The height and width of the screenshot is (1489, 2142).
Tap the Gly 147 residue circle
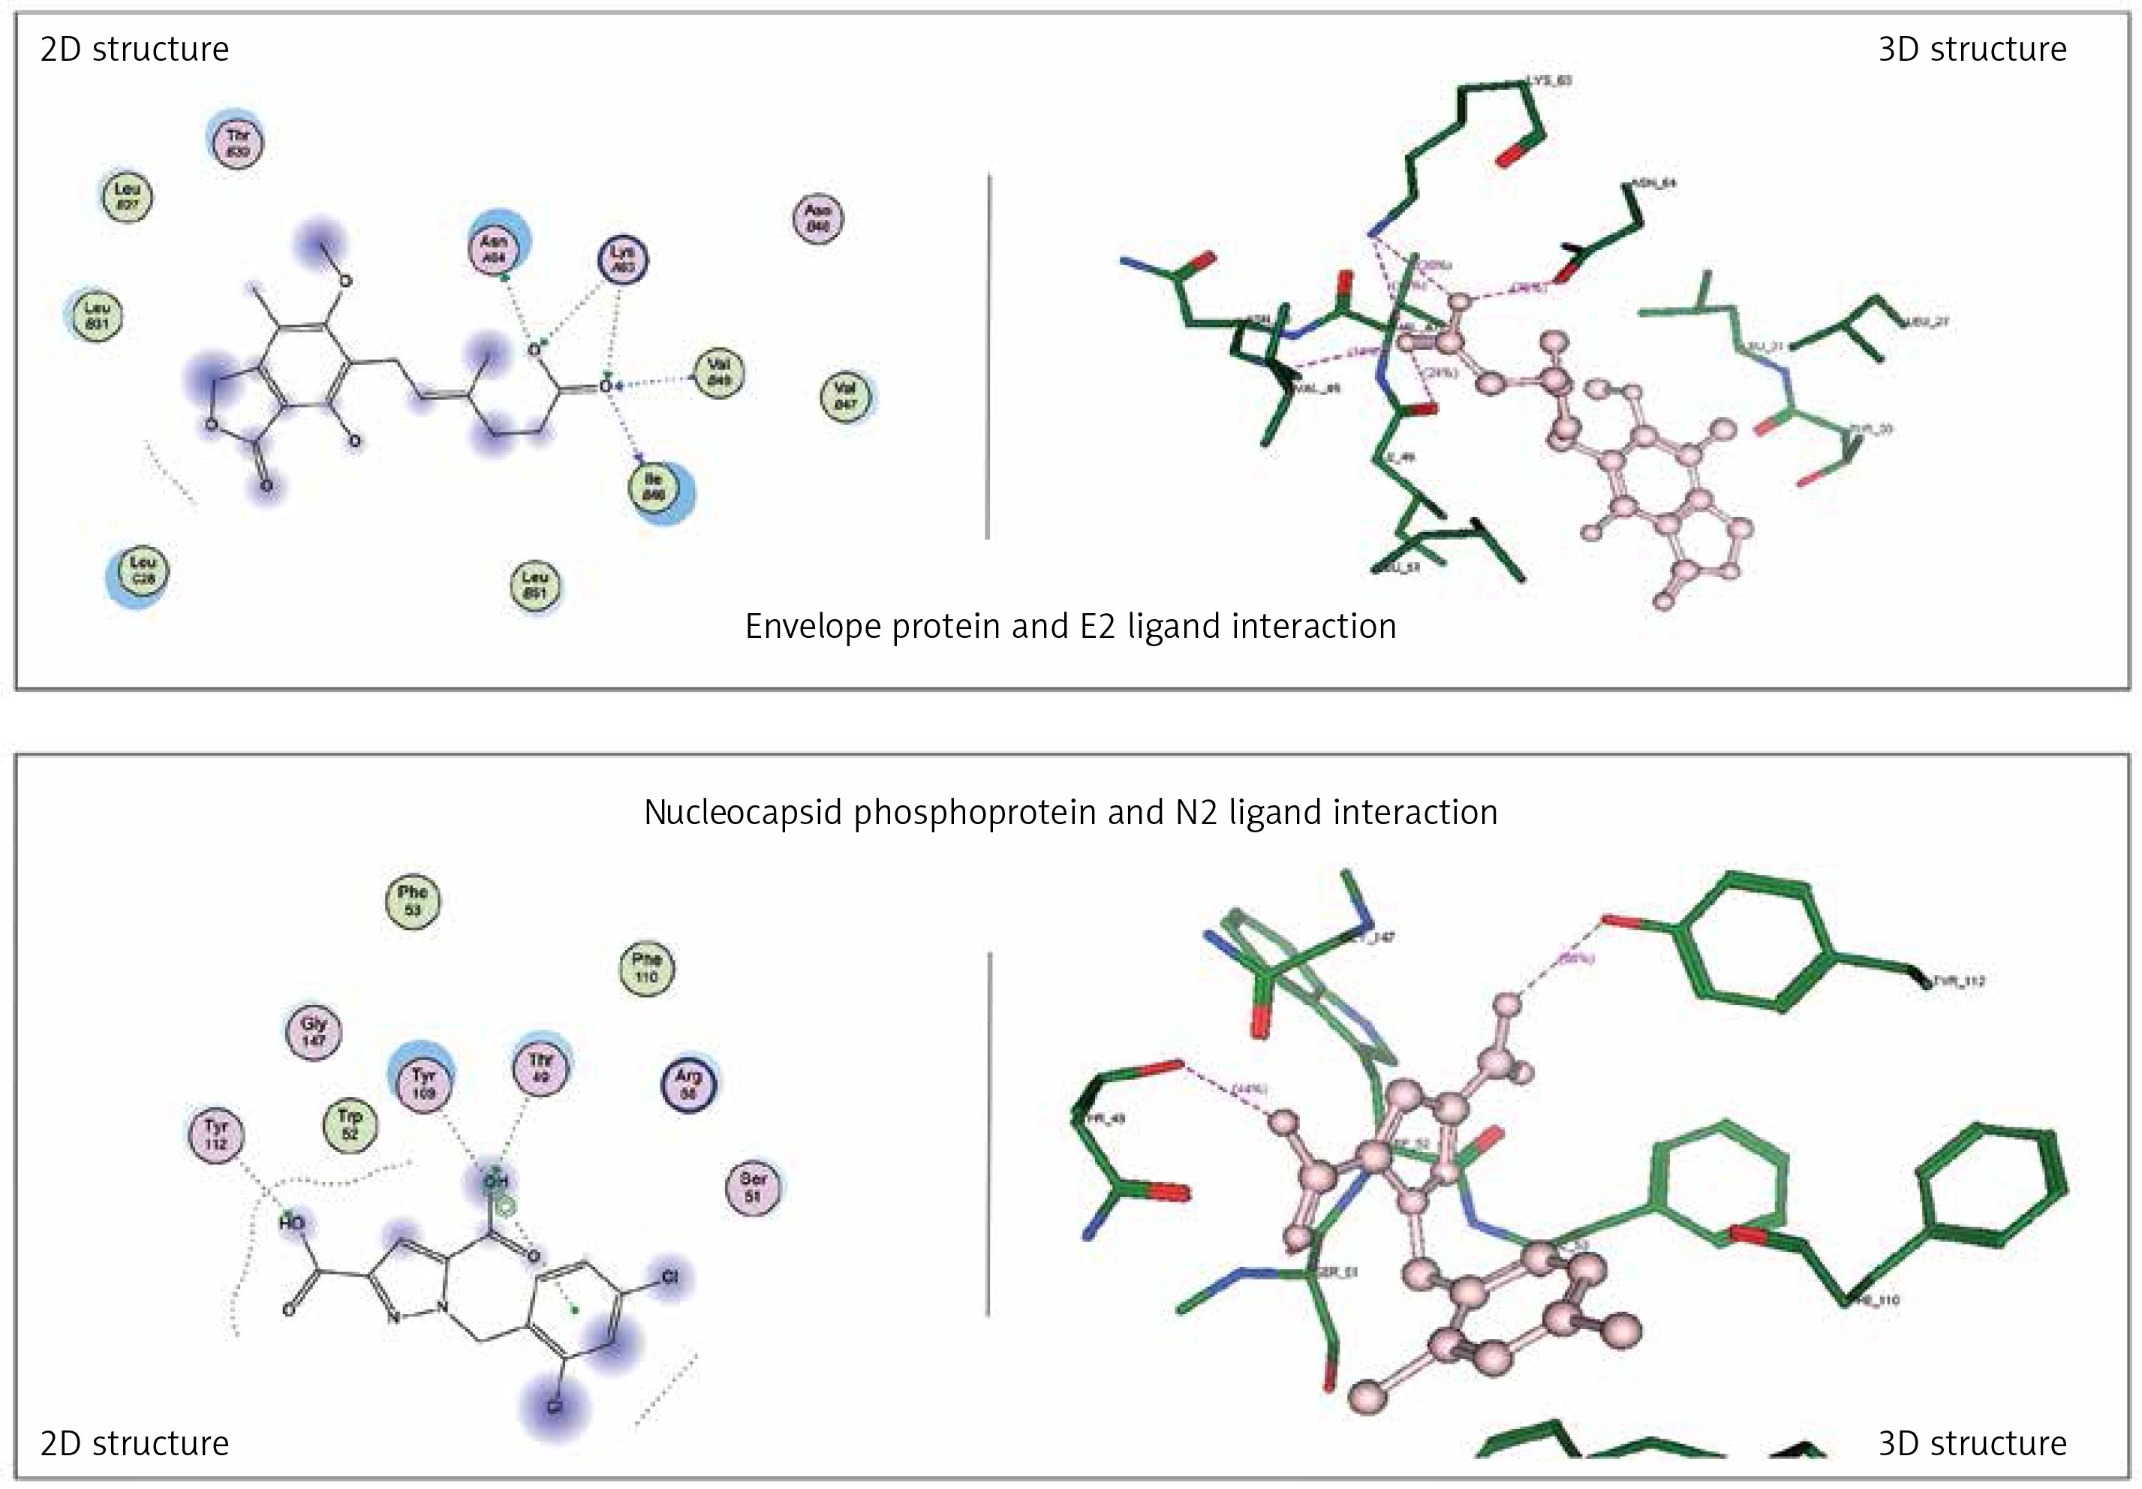(x=314, y=1031)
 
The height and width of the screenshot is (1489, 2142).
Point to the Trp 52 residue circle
(x=350, y=1124)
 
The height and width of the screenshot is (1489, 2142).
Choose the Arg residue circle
(x=687, y=1083)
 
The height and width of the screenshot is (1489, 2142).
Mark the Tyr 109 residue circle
(x=423, y=1083)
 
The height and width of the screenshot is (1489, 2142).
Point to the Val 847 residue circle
(x=845, y=396)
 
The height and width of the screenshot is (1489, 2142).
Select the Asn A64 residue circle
(x=495, y=248)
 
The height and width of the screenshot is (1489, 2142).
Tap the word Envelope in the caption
(x=813, y=627)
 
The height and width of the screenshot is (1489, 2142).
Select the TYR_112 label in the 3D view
(x=1957, y=982)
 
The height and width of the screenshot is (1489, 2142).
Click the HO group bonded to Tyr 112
(x=292, y=1221)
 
